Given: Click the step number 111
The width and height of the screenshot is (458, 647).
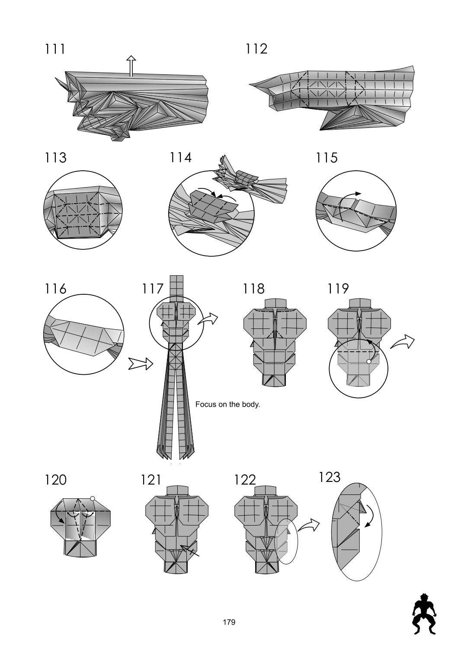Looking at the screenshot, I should tap(55, 49).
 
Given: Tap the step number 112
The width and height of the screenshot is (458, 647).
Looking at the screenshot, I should tap(256, 49).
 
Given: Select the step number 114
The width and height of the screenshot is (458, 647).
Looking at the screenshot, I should tap(180, 158).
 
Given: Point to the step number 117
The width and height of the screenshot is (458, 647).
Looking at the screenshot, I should tap(152, 288).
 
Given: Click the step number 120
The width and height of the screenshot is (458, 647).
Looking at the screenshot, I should tap(56, 480).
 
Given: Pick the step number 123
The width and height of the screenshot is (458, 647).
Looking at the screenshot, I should tap(330, 477).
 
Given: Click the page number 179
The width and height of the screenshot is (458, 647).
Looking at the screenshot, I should tap(229, 622).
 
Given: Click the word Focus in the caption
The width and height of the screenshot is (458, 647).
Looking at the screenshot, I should tap(205, 405).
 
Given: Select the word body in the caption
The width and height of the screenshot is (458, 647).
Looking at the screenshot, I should tap(251, 405).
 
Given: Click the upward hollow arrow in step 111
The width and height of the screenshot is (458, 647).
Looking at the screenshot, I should tap(131, 65).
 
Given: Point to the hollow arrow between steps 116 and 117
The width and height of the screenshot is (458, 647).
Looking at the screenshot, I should tap(141, 364).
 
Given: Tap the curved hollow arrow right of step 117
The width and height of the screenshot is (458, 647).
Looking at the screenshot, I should tap(208, 319).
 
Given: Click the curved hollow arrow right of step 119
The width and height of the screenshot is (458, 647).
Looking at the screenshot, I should tap(402, 341).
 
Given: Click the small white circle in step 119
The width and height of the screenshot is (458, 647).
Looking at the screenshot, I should tap(368, 361).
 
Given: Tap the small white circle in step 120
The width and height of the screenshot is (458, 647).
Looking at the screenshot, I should tap(92, 498).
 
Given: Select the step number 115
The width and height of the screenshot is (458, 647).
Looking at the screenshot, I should tap(327, 158).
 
